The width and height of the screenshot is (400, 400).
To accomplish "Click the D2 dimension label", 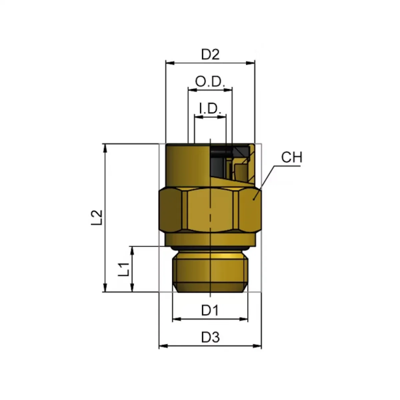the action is [x=210, y=55].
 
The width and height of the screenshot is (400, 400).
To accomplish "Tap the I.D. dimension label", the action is [x=210, y=109].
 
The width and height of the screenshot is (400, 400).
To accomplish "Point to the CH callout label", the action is [x=292, y=157].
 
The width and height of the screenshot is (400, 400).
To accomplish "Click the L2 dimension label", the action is [x=97, y=218].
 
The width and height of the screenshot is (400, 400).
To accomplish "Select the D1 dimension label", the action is [x=210, y=311].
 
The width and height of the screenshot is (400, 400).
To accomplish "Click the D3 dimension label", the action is [x=210, y=338].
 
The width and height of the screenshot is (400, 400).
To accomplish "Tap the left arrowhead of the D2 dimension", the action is [x=170, y=63].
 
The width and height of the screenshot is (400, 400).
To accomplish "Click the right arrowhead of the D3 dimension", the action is [x=257, y=346].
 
